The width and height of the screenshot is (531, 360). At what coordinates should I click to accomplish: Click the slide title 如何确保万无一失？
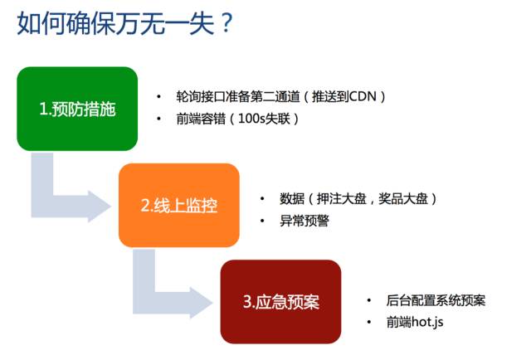[x=124, y=24]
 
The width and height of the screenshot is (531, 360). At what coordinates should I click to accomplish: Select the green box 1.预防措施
[x=77, y=109]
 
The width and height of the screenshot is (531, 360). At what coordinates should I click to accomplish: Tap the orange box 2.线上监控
[x=178, y=205]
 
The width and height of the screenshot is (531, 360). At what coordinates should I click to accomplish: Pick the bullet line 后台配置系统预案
[x=436, y=300]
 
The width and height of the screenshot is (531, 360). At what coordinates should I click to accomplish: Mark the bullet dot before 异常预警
[x=263, y=221]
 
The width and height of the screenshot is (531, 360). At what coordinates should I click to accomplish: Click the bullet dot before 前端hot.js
[x=369, y=321]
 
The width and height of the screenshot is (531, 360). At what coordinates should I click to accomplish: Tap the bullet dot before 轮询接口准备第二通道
[x=159, y=97]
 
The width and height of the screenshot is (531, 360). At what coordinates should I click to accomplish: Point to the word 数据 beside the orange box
[x=293, y=199]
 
